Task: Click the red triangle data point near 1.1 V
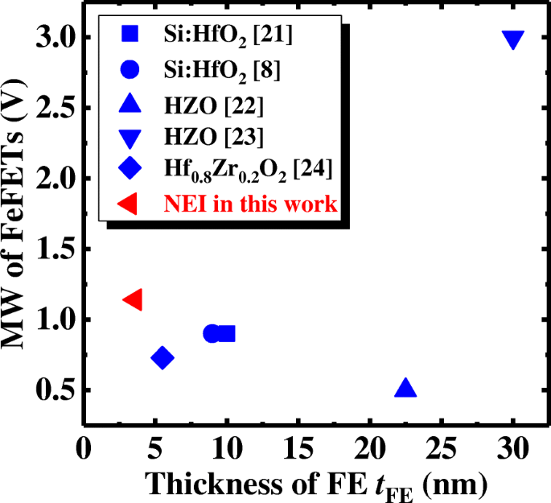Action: click(134, 299)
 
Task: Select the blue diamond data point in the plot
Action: click(162, 357)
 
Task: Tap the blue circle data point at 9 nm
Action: click(212, 333)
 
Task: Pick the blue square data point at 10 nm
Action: click(226, 333)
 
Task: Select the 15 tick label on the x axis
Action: click(298, 446)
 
